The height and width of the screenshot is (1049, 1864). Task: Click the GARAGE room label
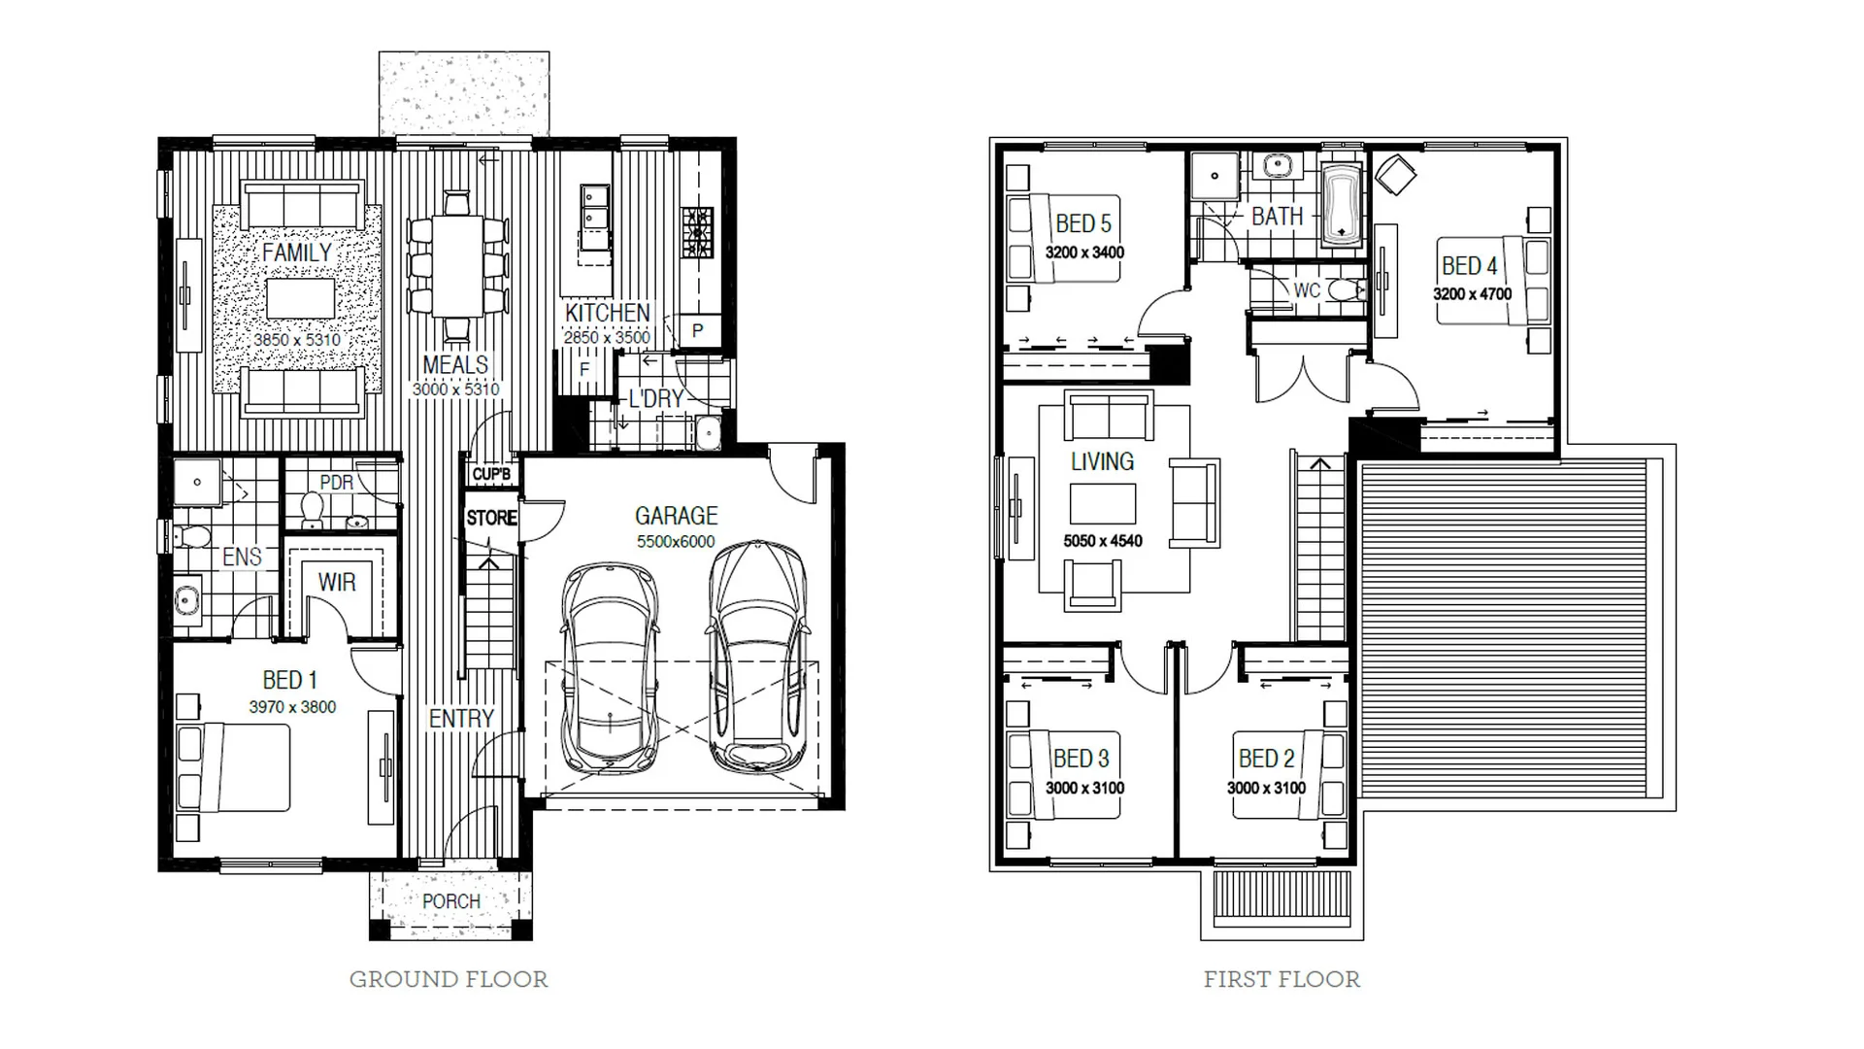(676, 516)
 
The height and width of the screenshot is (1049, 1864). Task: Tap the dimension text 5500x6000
(676, 542)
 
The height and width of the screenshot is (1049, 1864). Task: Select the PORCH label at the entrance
(450, 901)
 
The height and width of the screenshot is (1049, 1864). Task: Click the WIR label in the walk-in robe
(337, 583)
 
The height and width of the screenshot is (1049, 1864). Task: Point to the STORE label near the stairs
(491, 519)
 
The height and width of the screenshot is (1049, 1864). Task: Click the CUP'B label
(491, 474)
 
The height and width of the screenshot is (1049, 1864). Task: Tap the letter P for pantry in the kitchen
(697, 331)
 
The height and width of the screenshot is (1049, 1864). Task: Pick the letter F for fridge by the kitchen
(583, 370)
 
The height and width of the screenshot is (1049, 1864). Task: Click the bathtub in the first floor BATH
(1343, 205)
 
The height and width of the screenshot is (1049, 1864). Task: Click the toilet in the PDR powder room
(313, 509)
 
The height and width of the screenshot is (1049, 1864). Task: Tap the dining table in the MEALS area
(456, 265)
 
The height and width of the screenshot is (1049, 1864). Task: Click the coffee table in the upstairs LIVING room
(1103, 503)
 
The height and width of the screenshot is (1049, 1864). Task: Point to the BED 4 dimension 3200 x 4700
(1472, 294)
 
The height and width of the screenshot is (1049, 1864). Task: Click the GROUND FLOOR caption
(449, 979)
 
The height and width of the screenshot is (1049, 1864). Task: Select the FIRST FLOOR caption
(1281, 979)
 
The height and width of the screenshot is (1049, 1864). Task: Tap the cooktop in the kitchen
(695, 232)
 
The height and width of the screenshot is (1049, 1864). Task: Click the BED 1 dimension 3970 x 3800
(292, 707)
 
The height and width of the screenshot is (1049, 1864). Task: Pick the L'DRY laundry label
(656, 398)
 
